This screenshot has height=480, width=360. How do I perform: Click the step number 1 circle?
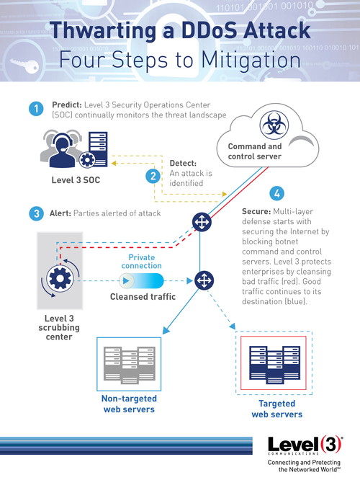point(36,109)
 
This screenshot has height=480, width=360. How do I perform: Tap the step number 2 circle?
point(153,177)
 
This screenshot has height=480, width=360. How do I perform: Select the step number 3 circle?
point(37,213)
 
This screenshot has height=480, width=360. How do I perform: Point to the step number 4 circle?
point(276,193)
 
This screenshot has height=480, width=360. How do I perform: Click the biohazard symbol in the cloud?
point(274,125)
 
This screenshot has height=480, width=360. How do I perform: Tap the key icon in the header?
point(24,65)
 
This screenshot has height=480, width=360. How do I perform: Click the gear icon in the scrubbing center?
point(60,279)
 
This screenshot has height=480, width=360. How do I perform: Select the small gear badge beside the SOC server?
point(87,160)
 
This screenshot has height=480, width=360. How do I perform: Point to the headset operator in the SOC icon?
point(63,150)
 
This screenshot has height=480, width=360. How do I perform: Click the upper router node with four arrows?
point(202,222)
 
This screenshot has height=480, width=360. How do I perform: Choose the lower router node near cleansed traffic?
point(204,280)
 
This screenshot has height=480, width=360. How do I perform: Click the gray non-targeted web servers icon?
point(129,364)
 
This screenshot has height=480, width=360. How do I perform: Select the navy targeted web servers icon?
point(274,364)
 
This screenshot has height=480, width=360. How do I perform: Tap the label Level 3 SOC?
point(76,180)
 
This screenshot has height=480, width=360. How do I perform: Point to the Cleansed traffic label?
point(143,297)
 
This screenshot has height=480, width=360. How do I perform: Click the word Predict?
point(67,105)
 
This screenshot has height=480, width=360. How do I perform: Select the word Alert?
point(60,213)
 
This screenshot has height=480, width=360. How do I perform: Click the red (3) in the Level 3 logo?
point(330,445)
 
